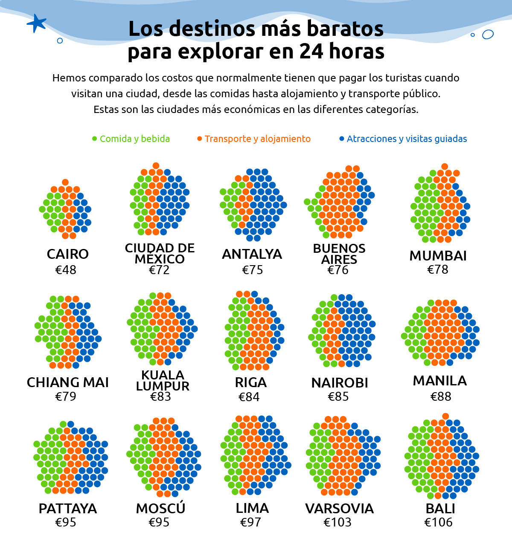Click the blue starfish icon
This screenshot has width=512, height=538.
36,23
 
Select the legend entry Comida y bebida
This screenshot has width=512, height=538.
131,139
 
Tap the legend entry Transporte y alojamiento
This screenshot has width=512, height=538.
254,139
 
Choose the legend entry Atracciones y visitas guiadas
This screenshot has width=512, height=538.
403,139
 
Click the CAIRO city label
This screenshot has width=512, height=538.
68,254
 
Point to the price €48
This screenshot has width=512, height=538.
66,270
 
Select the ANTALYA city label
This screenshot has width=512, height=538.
252,254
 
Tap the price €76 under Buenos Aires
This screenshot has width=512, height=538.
338,270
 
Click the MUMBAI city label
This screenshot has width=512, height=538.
438,256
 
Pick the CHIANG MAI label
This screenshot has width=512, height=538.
68,382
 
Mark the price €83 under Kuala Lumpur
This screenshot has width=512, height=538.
160,396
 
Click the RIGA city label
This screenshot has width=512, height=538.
250,382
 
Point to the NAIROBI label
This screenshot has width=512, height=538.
340,383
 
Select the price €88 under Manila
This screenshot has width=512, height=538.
441,396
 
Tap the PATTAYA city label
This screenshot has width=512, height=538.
68,509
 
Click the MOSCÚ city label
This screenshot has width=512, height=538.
160,508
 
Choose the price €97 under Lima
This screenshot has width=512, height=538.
250,522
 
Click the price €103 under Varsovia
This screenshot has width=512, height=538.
337,522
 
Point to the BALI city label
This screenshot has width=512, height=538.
440,509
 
